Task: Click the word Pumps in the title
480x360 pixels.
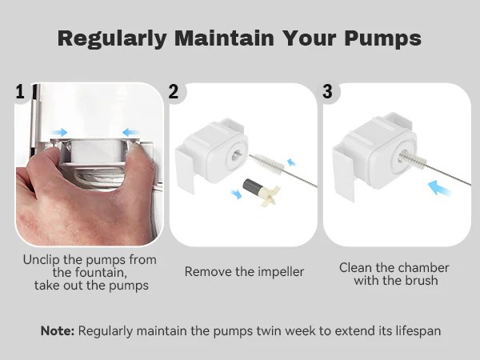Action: click(x=382, y=39)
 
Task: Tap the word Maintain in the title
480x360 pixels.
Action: click(x=224, y=38)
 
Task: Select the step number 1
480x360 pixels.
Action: click(x=20, y=91)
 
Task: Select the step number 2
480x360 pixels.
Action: click(x=174, y=91)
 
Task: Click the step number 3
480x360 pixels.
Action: click(x=327, y=91)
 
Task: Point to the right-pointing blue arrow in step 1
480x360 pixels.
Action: click(x=59, y=132)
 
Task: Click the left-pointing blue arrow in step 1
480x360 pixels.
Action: click(x=130, y=133)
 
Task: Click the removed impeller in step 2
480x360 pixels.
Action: click(x=261, y=193)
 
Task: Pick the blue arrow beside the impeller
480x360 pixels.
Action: click(x=236, y=194)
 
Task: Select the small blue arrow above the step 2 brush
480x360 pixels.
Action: click(x=291, y=162)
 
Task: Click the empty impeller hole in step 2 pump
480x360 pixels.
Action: click(x=236, y=155)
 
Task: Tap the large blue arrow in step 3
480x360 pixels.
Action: click(x=439, y=188)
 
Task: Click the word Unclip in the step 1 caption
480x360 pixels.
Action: click(x=42, y=260)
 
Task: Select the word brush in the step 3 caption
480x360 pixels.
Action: click(x=421, y=281)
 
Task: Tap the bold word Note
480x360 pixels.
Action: click(x=58, y=331)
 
